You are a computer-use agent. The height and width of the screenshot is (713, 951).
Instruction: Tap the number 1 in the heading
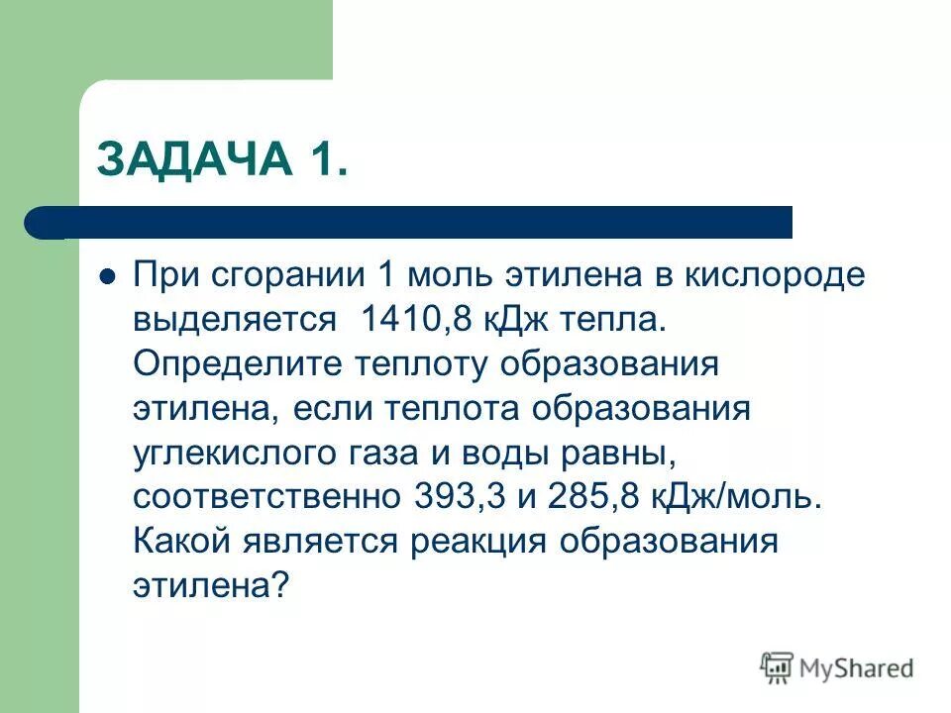[x=321, y=158]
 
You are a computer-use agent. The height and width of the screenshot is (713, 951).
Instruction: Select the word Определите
[x=237, y=364]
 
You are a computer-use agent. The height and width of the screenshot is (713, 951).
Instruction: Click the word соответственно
[x=267, y=496]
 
